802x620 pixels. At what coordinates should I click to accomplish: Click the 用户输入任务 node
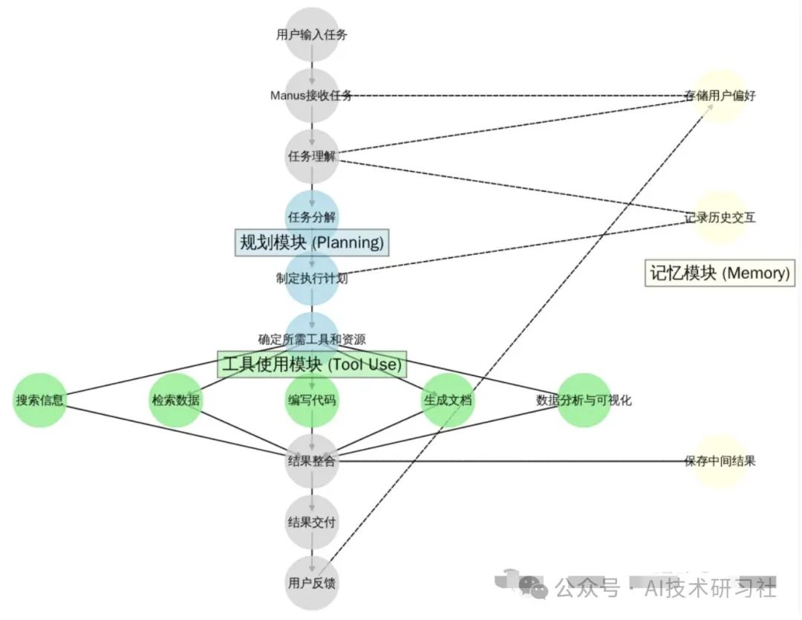(x=312, y=34)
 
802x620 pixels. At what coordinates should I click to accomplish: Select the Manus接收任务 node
(x=312, y=96)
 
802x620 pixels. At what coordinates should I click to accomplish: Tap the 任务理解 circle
(x=312, y=157)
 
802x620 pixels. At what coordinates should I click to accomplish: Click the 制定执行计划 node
(x=312, y=279)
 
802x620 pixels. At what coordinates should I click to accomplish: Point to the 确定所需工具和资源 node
(x=312, y=339)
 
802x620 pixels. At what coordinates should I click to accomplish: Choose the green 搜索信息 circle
(x=40, y=400)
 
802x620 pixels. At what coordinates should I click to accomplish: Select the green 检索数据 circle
(x=176, y=400)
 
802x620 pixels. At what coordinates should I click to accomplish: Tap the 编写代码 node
(x=312, y=400)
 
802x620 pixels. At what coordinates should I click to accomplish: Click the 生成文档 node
(x=448, y=400)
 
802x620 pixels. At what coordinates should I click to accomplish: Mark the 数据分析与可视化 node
(x=584, y=400)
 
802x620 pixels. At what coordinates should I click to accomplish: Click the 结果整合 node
(x=312, y=462)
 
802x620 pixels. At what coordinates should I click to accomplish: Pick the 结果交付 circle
(x=312, y=522)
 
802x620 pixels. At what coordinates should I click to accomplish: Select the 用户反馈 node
(x=312, y=583)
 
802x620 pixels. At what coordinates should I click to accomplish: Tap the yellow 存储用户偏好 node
(x=720, y=96)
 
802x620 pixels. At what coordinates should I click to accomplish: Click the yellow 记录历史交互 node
(x=720, y=218)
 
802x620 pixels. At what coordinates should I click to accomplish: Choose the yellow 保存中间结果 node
(x=720, y=462)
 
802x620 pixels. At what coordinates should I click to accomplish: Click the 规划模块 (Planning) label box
(x=312, y=242)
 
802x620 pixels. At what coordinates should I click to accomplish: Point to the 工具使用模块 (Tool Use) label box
(x=312, y=364)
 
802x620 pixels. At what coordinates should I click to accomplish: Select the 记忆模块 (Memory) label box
(x=719, y=273)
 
